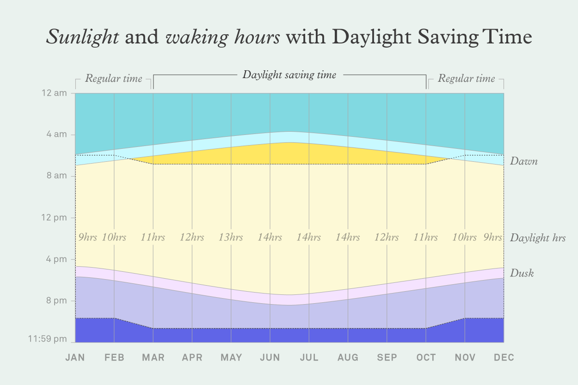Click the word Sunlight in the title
point(82,37)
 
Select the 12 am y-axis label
point(55,93)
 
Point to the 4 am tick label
point(57,134)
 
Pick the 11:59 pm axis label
point(48,339)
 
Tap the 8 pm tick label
point(57,301)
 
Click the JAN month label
point(75,358)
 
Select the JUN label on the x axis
point(270,358)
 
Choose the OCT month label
point(426,358)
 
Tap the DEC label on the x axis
point(504,358)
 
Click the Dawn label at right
point(523,162)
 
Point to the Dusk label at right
point(522,273)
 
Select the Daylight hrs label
point(537,238)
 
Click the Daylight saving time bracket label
point(289,75)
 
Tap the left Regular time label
point(114,79)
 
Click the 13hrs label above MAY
point(231,238)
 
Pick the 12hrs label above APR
point(192,238)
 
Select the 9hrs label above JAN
point(87,238)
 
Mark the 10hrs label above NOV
point(464,238)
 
